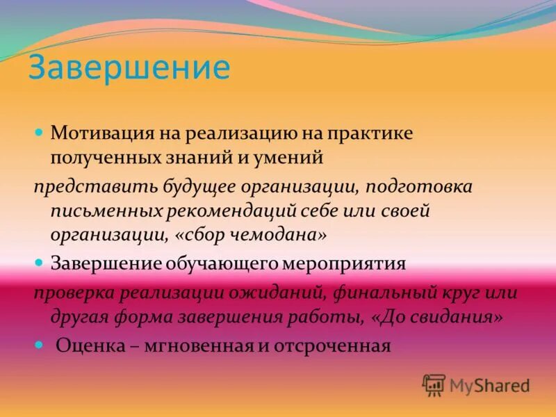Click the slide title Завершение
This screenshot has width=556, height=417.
point(129,68)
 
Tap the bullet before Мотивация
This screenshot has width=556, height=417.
point(40,131)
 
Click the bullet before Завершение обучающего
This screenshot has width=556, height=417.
point(40,262)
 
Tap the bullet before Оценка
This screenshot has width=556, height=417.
point(40,343)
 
